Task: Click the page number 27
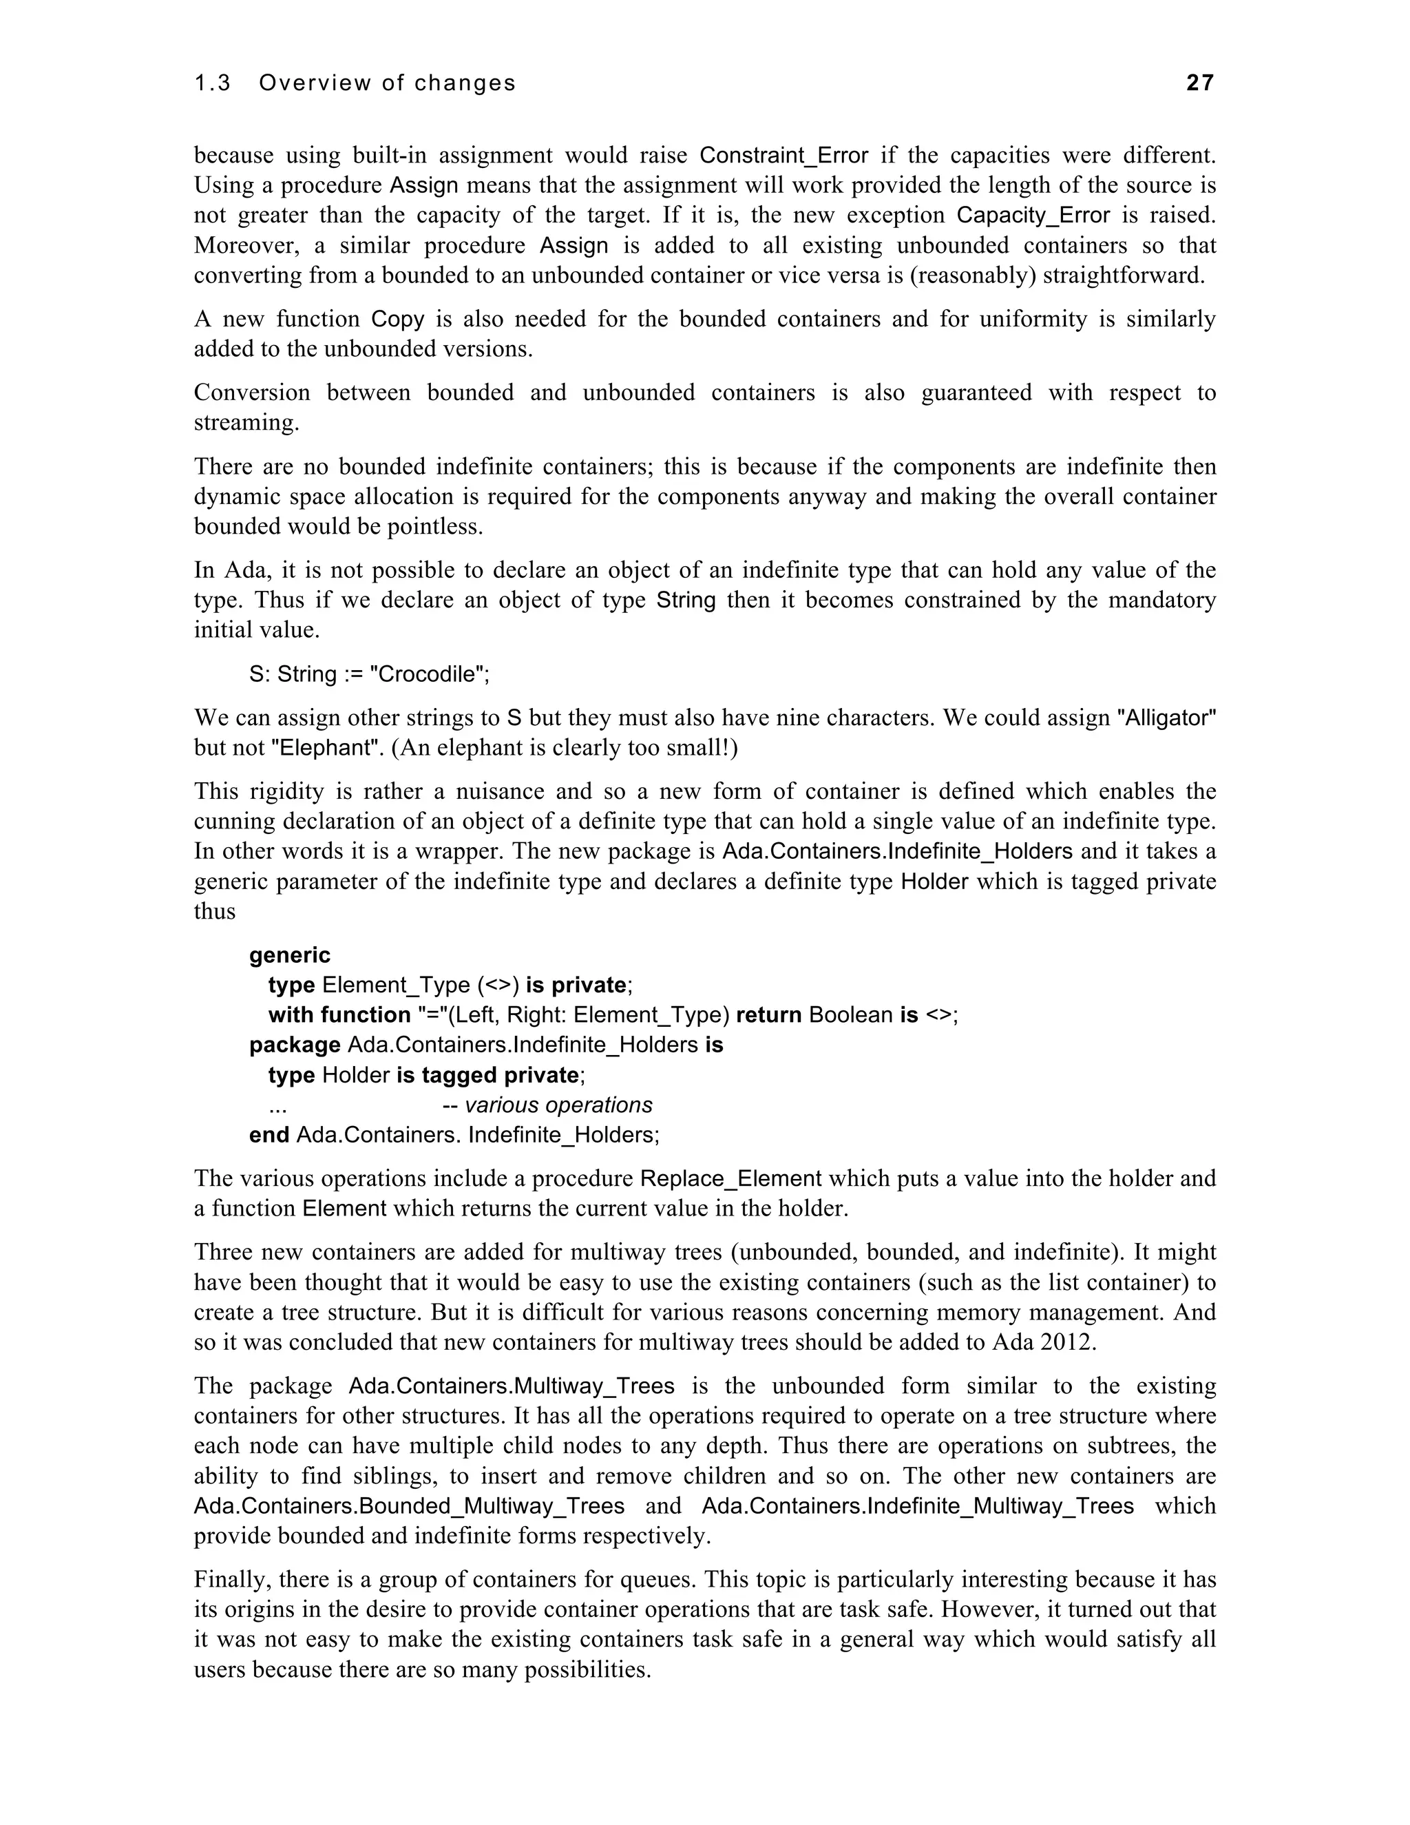[x=1199, y=83]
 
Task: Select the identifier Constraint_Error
[x=783, y=156]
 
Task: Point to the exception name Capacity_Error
[x=1033, y=216]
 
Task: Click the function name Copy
[x=398, y=320]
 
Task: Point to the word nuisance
[x=493, y=791]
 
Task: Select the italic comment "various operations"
[x=558, y=1105]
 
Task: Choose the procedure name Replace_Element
[x=731, y=1179]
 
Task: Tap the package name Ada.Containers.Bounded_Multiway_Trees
[x=410, y=1507]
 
